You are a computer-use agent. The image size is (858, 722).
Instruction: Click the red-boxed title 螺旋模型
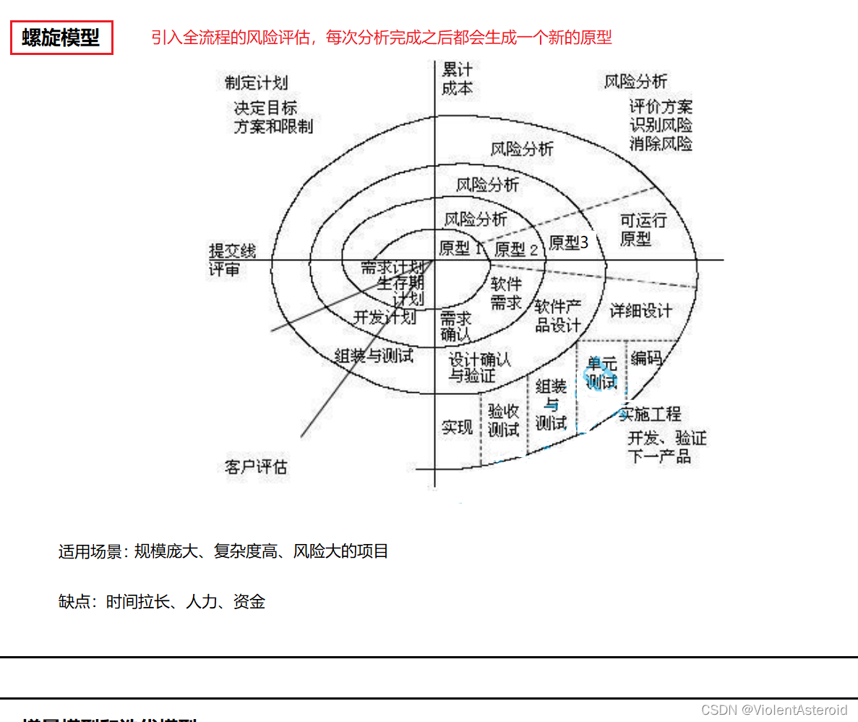click(x=61, y=38)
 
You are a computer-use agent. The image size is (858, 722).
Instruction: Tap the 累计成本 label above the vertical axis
click(x=457, y=79)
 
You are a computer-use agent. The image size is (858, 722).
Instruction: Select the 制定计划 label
click(x=256, y=82)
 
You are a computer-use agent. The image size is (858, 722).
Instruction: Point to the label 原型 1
click(x=460, y=248)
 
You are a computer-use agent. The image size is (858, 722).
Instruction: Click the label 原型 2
click(x=516, y=250)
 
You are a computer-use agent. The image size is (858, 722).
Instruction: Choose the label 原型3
click(x=568, y=242)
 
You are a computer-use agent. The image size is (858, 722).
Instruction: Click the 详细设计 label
click(x=640, y=311)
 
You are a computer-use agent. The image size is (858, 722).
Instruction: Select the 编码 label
click(x=645, y=357)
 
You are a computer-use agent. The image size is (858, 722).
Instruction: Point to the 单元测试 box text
click(x=601, y=373)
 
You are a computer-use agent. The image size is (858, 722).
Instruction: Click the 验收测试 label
click(x=503, y=420)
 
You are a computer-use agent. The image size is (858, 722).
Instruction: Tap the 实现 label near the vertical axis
click(x=457, y=427)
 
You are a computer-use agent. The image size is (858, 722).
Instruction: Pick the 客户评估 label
click(x=256, y=467)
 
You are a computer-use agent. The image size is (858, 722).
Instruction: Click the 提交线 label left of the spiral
click(x=232, y=251)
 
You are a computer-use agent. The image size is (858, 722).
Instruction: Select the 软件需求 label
click(x=506, y=293)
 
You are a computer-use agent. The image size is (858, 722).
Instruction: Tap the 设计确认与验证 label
click(x=479, y=367)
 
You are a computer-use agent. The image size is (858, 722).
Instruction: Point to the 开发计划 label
click(x=385, y=317)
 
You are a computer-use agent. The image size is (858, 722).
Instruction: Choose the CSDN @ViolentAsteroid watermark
click(x=773, y=710)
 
